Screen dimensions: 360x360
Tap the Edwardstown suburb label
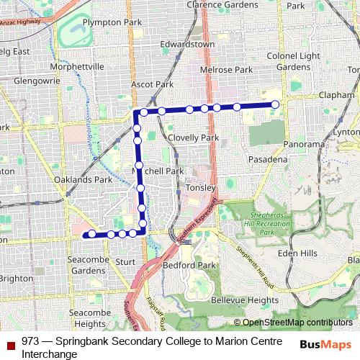point(187,45)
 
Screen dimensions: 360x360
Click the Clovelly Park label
point(192,138)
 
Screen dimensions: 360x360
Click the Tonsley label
point(201,187)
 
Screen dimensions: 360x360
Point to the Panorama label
point(304,144)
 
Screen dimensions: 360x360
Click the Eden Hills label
point(297,253)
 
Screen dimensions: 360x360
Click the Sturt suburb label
point(125,262)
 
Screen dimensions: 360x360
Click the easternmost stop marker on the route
point(275,105)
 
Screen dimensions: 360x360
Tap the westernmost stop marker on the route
point(92,234)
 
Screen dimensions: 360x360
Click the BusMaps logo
point(326,343)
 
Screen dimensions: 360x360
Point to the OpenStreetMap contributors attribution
point(294,323)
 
